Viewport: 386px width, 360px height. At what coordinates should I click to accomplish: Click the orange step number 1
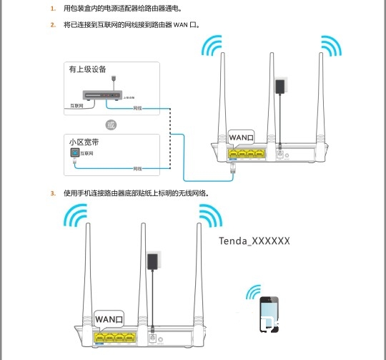coord(51,9)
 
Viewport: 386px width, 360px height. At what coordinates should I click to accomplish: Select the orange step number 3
coord(51,193)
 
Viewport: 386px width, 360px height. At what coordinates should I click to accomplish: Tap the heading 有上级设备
coord(87,69)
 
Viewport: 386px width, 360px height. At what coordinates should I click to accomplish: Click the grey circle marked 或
coord(110,125)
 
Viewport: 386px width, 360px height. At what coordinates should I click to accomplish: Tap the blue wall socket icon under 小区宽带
coord(73,153)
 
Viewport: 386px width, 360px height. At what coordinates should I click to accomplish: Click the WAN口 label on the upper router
coord(241,137)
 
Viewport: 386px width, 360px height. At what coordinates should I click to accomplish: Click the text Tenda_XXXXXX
coord(254,241)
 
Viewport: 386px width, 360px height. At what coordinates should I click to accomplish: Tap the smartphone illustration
coord(269,314)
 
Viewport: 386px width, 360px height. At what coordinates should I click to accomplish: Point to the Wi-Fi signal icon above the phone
coord(255,292)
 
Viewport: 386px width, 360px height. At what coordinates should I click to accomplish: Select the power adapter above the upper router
coord(279,87)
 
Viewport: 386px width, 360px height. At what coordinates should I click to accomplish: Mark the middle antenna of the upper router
coord(271,93)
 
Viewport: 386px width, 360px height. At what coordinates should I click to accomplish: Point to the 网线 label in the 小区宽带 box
coord(138,168)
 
